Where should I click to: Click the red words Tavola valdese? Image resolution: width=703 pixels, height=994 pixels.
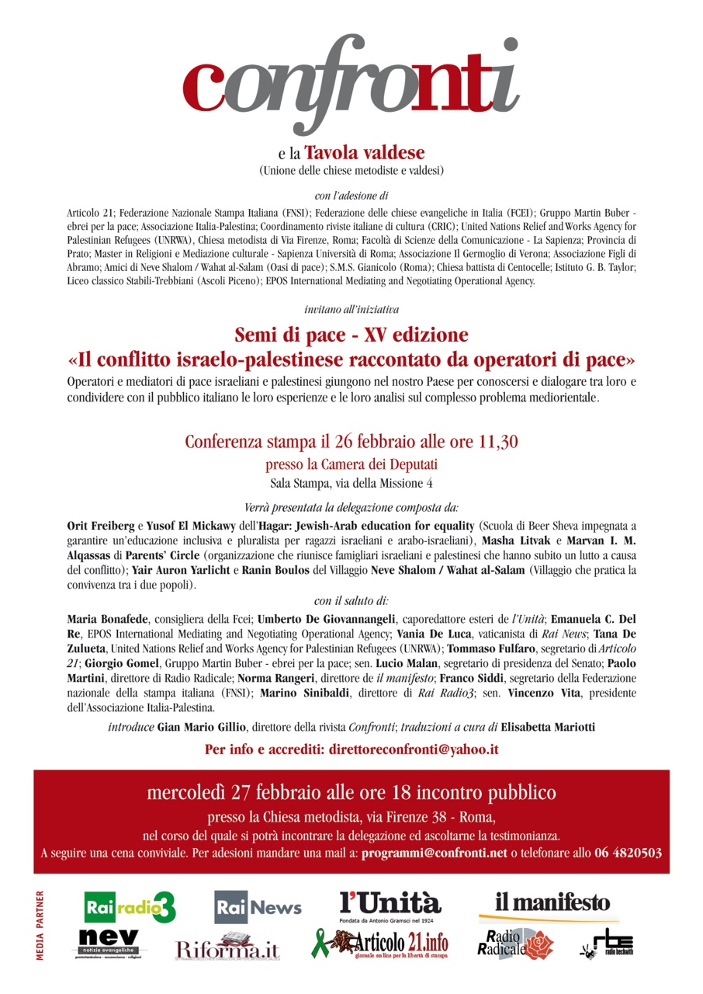365,153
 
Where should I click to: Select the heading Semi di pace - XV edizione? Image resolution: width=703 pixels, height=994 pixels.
351,335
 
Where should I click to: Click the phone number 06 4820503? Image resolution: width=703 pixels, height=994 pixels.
628,852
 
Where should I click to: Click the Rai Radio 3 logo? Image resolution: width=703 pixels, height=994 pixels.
130,907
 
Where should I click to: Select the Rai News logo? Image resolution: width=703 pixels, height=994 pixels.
258,906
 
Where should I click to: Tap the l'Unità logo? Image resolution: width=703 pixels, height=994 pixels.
390,905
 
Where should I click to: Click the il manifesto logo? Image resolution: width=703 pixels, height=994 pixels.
553,903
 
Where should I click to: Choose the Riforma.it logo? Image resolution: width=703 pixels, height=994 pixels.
227,948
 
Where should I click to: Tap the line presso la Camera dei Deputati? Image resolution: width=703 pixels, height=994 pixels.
351,465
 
